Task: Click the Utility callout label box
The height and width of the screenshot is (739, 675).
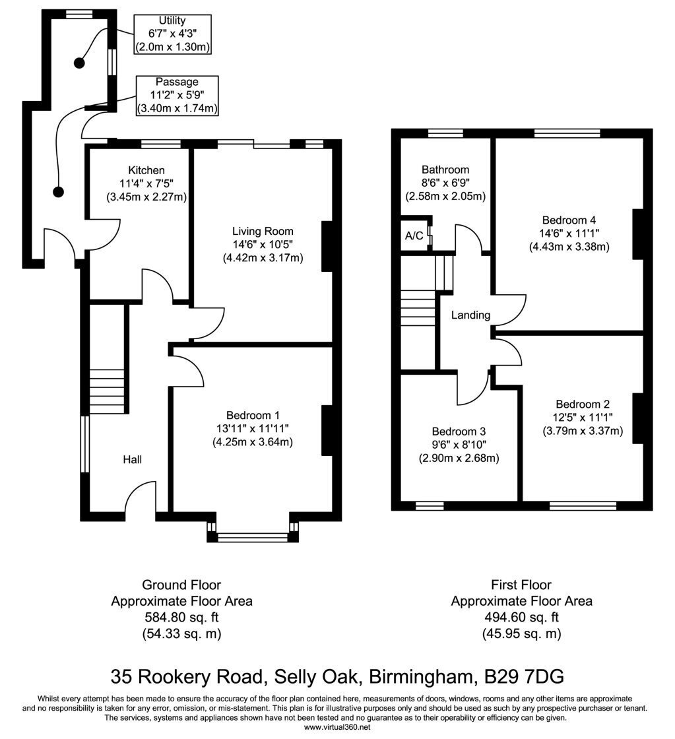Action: point(172,34)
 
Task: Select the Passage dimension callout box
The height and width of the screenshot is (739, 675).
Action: point(177,95)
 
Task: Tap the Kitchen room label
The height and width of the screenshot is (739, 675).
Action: point(146,170)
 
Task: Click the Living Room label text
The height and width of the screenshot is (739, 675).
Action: point(263,232)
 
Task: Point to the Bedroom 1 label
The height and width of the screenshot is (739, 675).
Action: point(253,415)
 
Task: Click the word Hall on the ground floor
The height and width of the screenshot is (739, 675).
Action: point(133,459)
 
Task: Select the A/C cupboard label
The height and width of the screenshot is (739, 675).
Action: point(414,236)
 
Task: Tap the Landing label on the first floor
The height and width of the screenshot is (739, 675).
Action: point(470,315)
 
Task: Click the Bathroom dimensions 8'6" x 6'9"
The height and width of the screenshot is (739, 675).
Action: point(445,183)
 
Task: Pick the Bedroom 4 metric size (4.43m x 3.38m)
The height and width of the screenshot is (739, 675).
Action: point(569,247)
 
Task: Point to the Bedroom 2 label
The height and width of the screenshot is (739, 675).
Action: point(583,404)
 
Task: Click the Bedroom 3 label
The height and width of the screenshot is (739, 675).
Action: point(459,432)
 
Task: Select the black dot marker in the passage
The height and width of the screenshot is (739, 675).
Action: point(59,192)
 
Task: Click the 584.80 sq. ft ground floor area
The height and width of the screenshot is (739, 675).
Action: point(181,617)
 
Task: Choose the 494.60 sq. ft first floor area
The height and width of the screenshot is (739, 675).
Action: point(521,617)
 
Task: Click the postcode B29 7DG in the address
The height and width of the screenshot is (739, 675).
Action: point(524,677)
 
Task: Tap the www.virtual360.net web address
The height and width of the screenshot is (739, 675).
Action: point(337,727)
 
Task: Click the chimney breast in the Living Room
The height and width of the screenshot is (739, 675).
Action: point(327,247)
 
